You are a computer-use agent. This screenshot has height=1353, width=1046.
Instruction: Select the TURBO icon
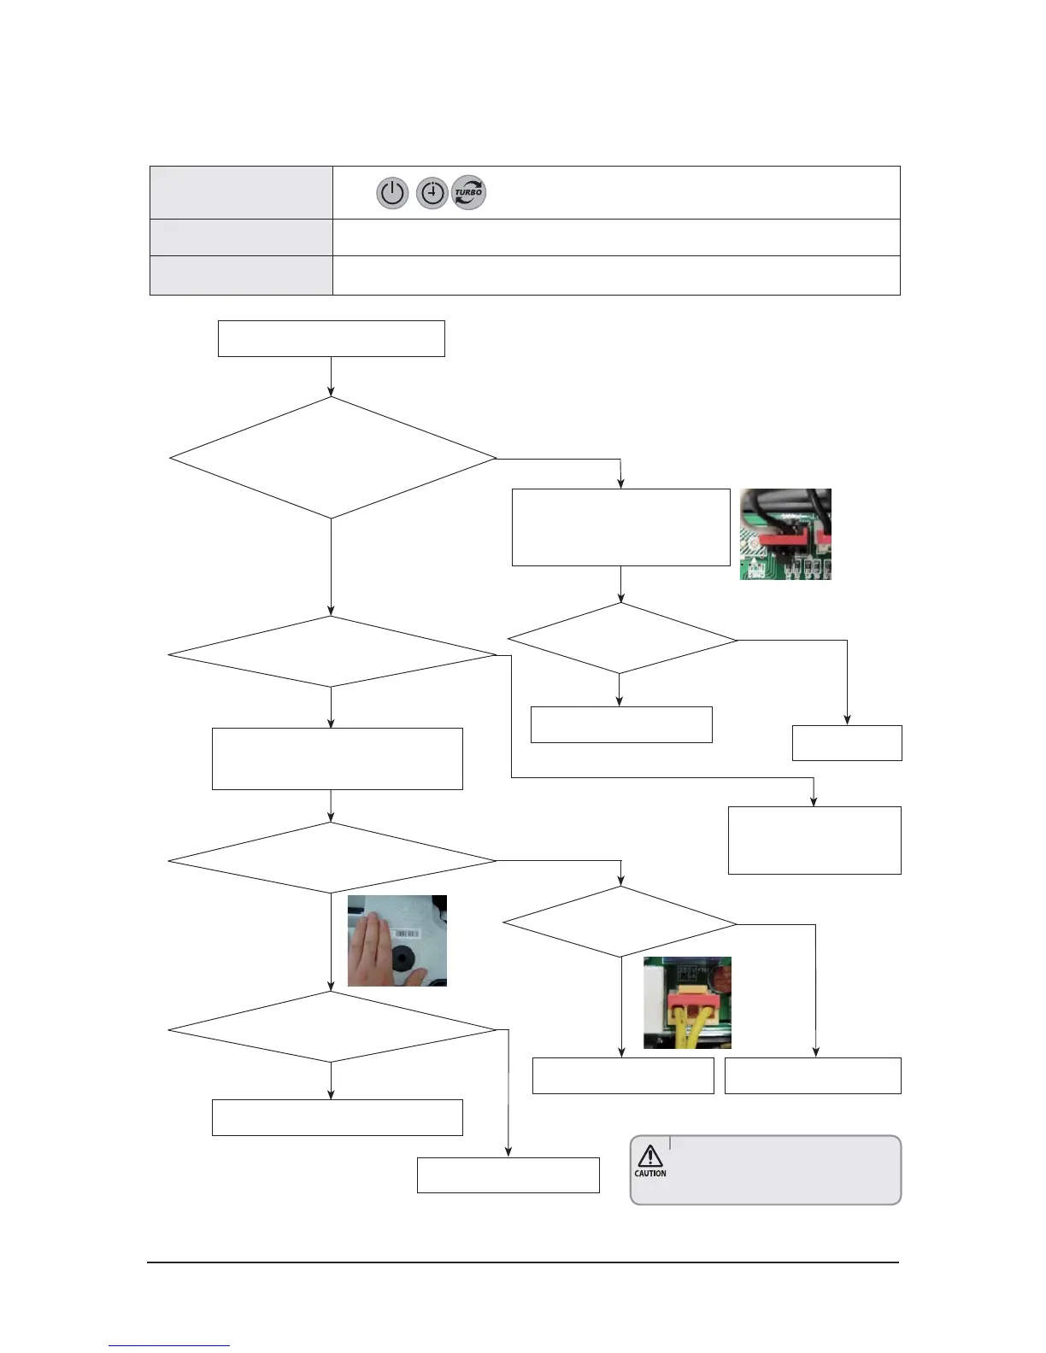(468, 192)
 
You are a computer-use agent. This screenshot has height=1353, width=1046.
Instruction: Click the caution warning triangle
(649, 1156)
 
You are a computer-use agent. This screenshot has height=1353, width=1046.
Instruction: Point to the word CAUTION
(649, 1174)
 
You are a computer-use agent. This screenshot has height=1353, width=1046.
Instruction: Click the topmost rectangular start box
(331, 338)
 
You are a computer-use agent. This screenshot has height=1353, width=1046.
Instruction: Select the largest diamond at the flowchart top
(332, 458)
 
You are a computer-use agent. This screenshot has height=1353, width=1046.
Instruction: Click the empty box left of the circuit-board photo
(620, 527)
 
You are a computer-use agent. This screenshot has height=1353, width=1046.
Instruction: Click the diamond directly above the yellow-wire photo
(620, 922)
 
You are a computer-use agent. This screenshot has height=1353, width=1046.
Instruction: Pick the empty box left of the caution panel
(508, 1174)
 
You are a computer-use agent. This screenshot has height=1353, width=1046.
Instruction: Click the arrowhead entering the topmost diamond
(331, 392)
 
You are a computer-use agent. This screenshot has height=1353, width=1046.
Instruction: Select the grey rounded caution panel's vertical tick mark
(670, 1143)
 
